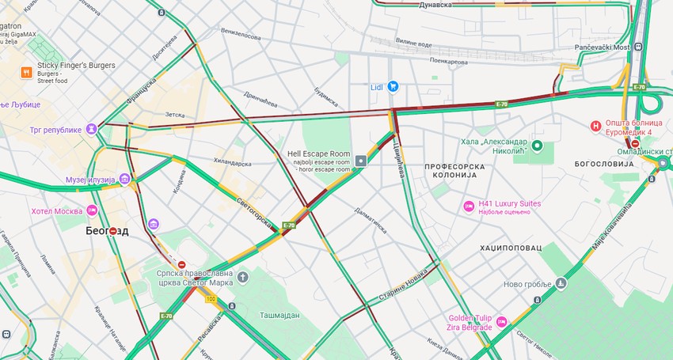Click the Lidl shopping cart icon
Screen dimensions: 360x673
tap(392, 86)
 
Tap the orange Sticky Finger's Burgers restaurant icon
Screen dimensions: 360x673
tap(26, 72)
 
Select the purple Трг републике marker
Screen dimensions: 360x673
tap(93, 129)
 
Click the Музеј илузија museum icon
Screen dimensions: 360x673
tap(124, 179)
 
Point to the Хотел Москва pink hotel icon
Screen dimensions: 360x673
tap(93, 210)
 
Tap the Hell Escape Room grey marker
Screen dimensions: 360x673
tap(361, 161)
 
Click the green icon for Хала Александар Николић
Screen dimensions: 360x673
tap(538, 146)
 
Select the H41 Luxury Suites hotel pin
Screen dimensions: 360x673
tap(469, 207)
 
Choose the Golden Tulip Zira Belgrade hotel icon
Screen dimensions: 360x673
tap(500, 323)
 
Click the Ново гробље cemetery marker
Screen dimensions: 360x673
tap(561, 282)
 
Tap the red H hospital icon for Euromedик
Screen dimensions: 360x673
tap(596, 125)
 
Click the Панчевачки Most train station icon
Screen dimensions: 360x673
tap(638, 47)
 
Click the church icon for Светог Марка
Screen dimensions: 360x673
tap(242, 276)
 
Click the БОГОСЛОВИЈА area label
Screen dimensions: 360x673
tap(604, 163)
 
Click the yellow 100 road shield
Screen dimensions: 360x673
tap(211, 299)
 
